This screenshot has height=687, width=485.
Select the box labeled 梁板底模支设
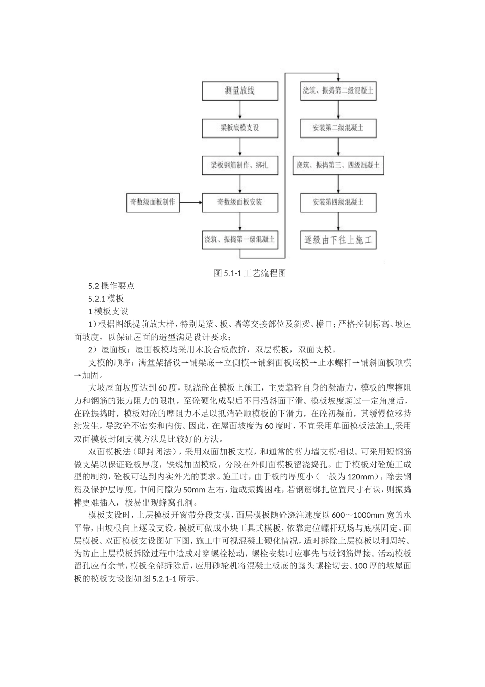[239, 127]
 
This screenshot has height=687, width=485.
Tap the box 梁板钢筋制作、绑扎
[239, 166]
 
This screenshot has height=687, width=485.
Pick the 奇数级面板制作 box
[152, 202]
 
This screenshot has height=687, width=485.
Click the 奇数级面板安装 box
[239, 202]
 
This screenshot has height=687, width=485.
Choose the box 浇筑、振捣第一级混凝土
[239, 239]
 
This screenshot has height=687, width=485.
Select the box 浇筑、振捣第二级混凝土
[338, 91]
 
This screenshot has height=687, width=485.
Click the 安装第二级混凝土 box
[338, 127]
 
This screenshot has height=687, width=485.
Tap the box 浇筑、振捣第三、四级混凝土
[338, 166]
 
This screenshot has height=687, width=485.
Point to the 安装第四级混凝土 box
[338, 202]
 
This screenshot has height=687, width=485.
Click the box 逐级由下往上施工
[338, 239]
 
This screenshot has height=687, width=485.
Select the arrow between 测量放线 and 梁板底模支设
[239, 109]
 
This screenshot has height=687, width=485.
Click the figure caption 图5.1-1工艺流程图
[250, 273]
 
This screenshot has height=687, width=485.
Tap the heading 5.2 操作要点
[111, 286]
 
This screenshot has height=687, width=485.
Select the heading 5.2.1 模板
[106, 299]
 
